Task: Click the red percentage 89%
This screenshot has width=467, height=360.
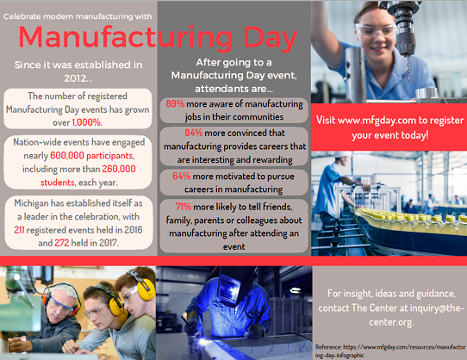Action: (x=175, y=103)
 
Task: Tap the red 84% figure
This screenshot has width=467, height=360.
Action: (x=194, y=133)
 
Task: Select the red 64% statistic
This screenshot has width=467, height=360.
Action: (x=182, y=176)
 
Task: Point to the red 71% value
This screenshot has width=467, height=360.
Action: (x=184, y=207)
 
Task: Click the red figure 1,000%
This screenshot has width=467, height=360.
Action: (x=86, y=122)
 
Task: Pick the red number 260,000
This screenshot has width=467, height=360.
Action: (x=119, y=169)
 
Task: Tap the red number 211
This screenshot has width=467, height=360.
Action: (x=19, y=230)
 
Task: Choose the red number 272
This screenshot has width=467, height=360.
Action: (x=62, y=243)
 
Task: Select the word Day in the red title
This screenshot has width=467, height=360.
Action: (x=271, y=38)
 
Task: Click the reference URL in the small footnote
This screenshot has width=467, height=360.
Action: (x=390, y=351)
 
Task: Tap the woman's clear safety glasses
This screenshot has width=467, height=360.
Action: (x=376, y=30)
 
